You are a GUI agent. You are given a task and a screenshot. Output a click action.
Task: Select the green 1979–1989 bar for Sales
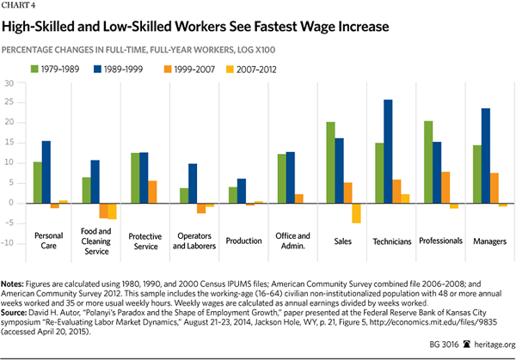point(329,162)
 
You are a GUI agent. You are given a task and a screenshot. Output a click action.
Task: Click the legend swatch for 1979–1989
point(34,68)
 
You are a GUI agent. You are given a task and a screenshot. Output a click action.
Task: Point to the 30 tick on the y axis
point(9,83)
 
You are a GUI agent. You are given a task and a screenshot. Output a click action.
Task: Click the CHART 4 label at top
point(23,8)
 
